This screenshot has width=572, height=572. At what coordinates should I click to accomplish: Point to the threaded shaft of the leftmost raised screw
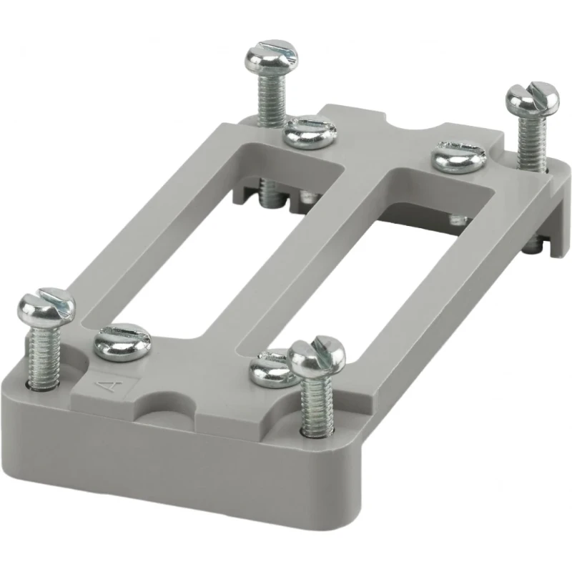(x=43, y=357)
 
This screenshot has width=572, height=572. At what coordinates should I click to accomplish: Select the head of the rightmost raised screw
(x=532, y=98)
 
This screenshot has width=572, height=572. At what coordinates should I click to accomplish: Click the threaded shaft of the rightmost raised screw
(x=532, y=142)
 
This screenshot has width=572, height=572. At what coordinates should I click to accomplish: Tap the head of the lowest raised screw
(x=316, y=356)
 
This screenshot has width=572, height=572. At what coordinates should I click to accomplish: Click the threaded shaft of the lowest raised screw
(x=317, y=404)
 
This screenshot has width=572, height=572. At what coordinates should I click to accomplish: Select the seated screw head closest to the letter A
(x=122, y=342)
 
